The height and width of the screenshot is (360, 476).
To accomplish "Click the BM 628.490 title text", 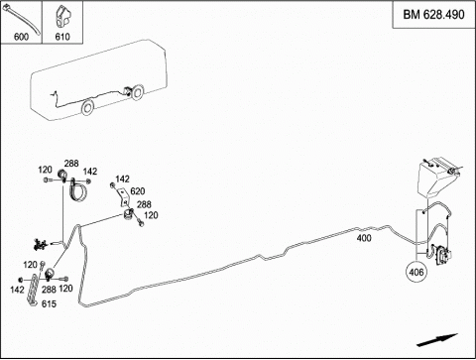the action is [x=433, y=15].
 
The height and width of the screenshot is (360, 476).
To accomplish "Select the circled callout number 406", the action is [x=416, y=272].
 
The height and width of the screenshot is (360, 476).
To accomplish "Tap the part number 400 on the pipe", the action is [x=364, y=238].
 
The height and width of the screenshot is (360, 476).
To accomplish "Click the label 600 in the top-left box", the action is [x=21, y=37].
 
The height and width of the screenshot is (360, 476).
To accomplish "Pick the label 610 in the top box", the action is [x=62, y=37].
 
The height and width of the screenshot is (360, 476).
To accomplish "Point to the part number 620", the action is [x=138, y=191].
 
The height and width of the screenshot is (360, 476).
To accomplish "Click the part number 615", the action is [x=49, y=303].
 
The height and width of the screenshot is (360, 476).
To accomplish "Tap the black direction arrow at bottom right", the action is [x=437, y=340].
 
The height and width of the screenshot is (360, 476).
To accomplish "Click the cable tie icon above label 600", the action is [x=22, y=19].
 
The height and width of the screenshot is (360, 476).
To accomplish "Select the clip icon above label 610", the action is [x=62, y=17].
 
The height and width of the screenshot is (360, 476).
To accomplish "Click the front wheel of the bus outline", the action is [x=87, y=107].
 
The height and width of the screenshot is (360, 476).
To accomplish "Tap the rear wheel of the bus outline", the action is [x=136, y=92].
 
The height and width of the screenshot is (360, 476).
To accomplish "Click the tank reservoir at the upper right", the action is [x=437, y=178].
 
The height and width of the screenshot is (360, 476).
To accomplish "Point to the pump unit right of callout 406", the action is [x=441, y=255].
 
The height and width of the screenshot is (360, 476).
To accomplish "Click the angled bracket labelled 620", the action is [x=123, y=196].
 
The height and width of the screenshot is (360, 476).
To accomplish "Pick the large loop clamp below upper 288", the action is [x=78, y=189].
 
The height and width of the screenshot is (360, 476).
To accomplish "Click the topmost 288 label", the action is [x=71, y=164].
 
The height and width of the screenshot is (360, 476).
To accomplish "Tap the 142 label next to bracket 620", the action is [x=123, y=179].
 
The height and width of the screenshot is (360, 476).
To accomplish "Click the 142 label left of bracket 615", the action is [x=17, y=290].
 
